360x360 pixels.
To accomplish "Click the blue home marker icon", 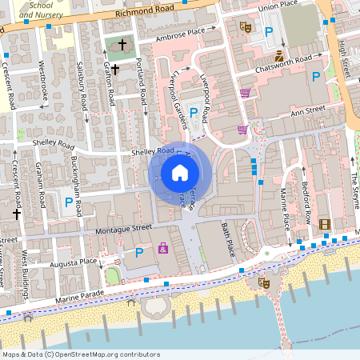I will pyautogui.click(x=180, y=172).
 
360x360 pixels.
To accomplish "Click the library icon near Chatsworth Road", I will pyautogui.click(x=278, y=56).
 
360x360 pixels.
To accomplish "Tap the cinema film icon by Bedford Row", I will pyautogui.click(x=324, y=225).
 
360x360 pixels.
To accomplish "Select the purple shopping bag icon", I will pyautogui.click(x=163, y=248).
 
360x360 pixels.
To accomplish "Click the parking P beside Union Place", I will pyautogui.click(x=269, y=31).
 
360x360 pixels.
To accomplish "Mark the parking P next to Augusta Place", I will pyautogui.click(x=139, y=253).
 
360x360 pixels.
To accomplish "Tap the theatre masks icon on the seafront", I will pyautogui.click(x=264, y=282).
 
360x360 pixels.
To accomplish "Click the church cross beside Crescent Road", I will pyautogui.click(x=16, y=214).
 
